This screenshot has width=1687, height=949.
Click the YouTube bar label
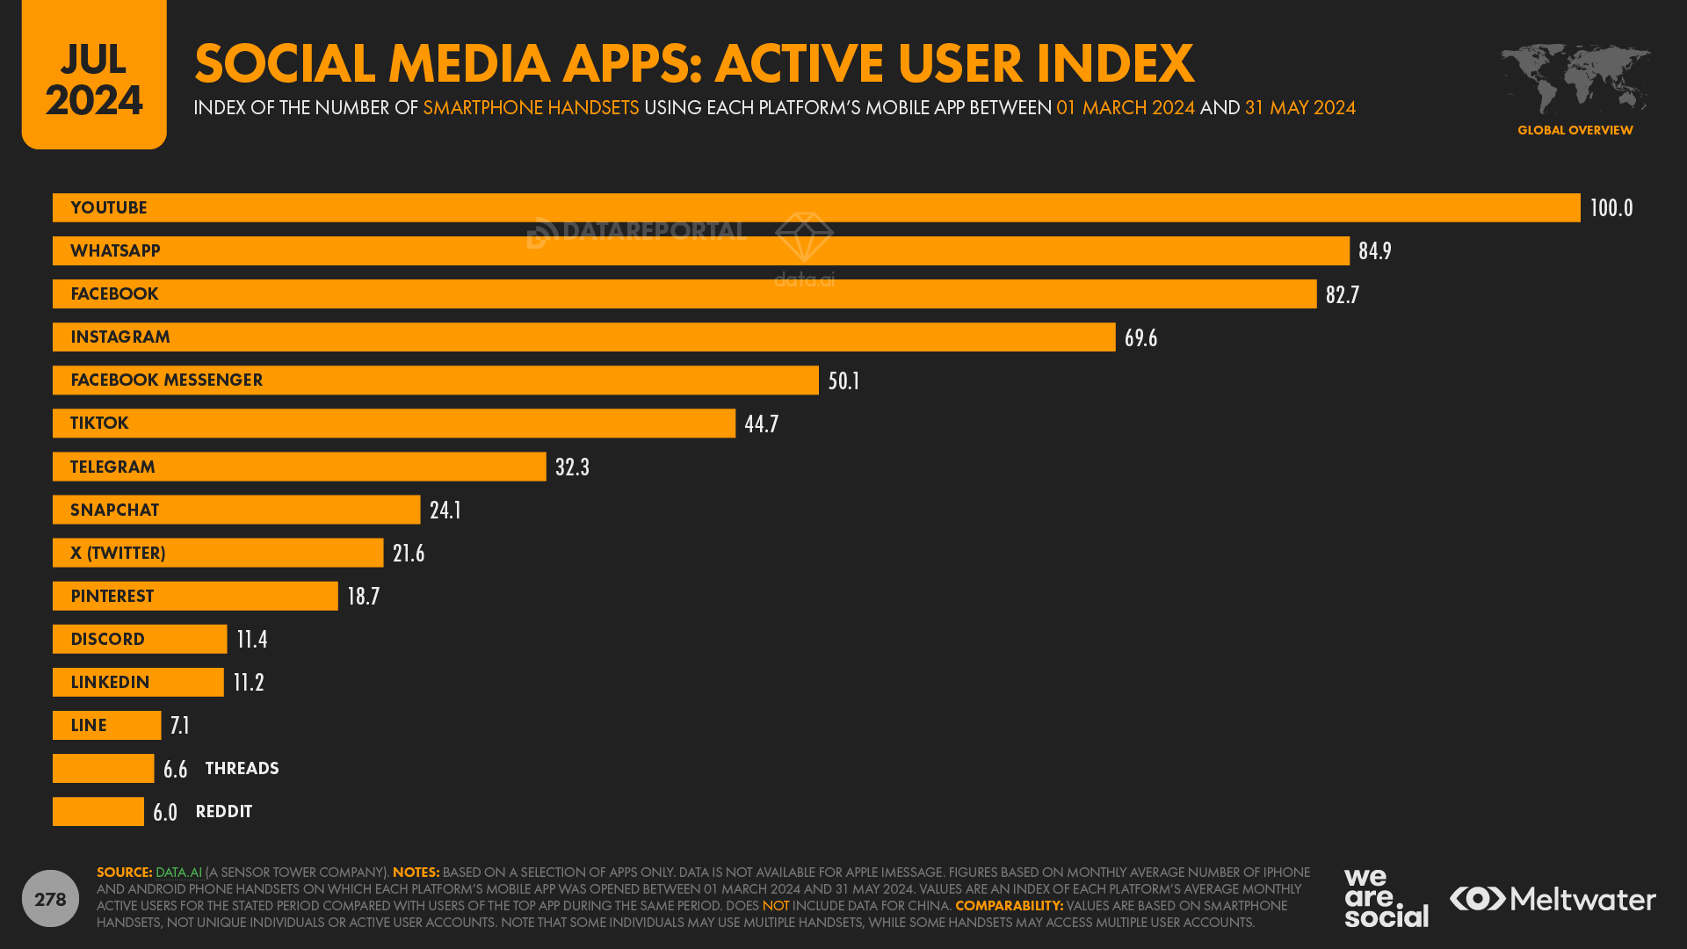(x=109, y=208)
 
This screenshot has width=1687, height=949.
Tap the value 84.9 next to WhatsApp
(x=1374, y=251)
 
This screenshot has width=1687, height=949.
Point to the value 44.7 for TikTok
(x=761, y=424)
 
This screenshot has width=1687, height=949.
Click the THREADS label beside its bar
(x=242, y=769)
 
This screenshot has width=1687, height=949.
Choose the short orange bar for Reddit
(x=98, y=812)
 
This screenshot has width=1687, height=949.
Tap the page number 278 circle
(x=50, y=899)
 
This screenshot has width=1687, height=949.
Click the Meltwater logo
(x=1553, y=899)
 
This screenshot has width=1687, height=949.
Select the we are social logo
(x=1385, y=897)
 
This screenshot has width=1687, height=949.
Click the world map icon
(x=1575, y=79)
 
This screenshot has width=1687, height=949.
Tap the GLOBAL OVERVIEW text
(x=1575, y=130)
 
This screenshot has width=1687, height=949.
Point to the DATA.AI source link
(x=178, y=873)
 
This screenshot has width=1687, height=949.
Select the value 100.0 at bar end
(x=1611, y=208)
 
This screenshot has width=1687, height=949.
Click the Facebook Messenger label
(x=166, y=380)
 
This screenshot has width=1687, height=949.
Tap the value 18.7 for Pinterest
(x=363, y=597)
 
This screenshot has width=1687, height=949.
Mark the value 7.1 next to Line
(x=180, y=726)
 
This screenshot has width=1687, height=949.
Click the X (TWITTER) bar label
(x=118, y=554)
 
